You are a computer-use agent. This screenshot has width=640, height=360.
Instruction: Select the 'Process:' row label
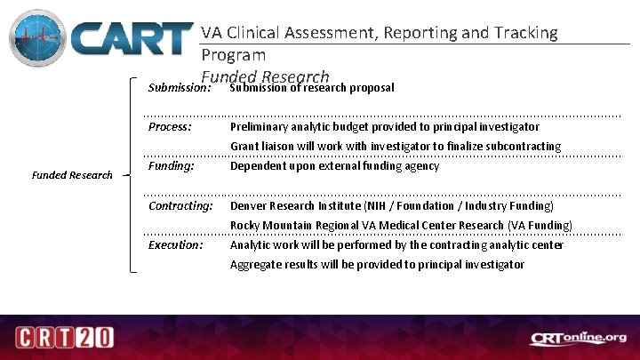170,127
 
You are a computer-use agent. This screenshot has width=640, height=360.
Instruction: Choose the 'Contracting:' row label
180,205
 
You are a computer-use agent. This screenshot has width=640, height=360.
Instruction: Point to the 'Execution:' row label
175,244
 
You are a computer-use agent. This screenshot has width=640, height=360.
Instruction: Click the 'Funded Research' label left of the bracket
72,175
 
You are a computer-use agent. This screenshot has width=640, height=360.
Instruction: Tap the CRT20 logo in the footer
63,339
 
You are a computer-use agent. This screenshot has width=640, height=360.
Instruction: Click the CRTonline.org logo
579,339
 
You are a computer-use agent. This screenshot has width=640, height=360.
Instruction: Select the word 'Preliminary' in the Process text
259,127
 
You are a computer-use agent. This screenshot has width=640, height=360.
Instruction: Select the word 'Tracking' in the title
524,33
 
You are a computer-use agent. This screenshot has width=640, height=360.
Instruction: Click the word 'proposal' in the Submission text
372,88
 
